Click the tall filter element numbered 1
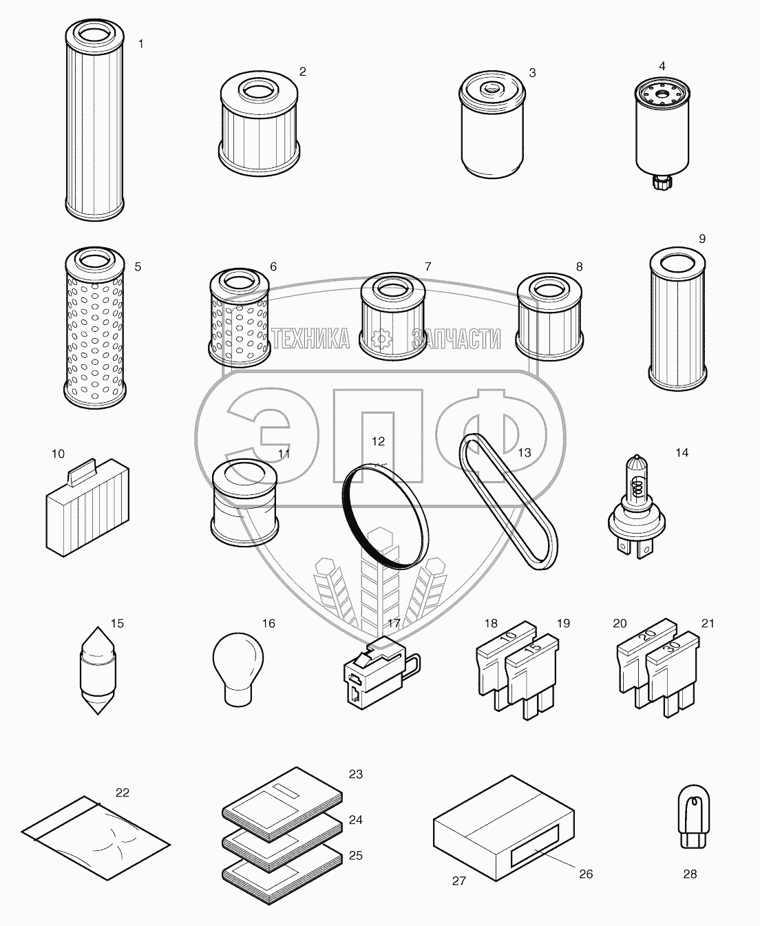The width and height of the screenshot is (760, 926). pyautogui.click(x=94, y=119)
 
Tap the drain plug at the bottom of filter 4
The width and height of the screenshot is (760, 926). pyautogui.click(x=661, y=182)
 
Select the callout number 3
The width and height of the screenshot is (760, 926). pyautogui.click(x=532, y=73)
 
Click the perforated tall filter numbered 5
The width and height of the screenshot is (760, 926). pyautogui.click(x=95, y=328)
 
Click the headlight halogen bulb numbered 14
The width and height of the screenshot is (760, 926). pyautogui.click(x=636, y=507)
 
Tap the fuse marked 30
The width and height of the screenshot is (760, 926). pyautogui.click(x=672, y=676)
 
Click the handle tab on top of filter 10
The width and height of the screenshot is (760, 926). pyautogui.click(x=83, y=472)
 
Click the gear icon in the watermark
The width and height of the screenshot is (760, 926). pyautogui.click(x=381, y=339)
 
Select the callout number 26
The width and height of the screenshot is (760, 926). pyautogui.click(x=586, y=874)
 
